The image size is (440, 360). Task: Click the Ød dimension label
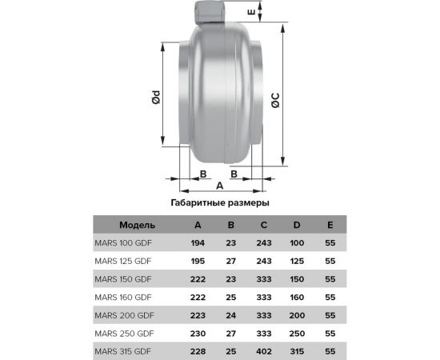tap(157, 98)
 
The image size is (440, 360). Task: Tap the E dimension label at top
tap(273, 14)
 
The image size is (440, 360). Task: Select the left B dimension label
tap(203, 174)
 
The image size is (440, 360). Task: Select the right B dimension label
tap(234, 174)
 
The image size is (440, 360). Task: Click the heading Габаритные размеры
tap(220, 203)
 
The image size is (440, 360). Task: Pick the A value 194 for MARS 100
tap(198, 242)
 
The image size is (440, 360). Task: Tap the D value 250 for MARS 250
tap(296, 333)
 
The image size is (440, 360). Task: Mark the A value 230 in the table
tap(198, 333)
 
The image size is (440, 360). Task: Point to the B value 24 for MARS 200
tap(231, 314)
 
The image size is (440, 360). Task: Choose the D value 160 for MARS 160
tap(296, 297)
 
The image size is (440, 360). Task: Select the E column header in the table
tap(330, 224)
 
